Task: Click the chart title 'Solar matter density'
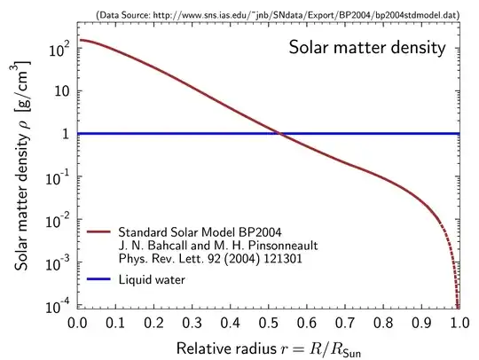366,48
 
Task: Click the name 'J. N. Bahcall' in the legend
152,247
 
